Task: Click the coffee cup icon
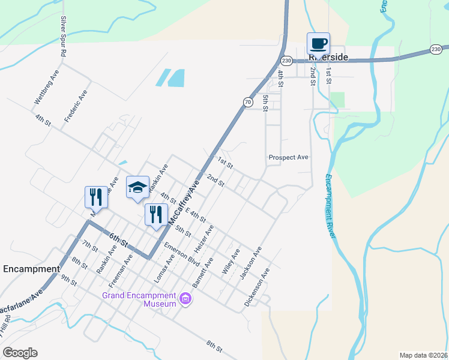point(318,43)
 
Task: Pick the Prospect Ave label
point(288,157)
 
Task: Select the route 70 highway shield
point(248,103)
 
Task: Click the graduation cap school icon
point(137,187)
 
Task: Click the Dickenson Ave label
point(256,288)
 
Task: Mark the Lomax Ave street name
point(161,268)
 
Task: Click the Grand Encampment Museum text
point(139,299)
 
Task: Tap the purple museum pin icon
point(185,298)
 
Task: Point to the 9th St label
point(68,279)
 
